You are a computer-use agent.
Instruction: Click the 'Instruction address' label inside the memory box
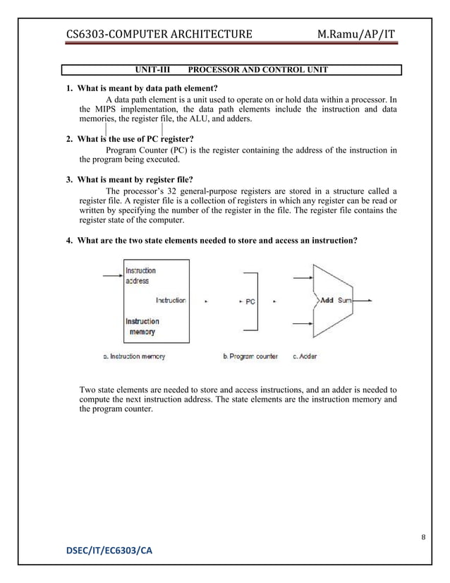coord(140,275)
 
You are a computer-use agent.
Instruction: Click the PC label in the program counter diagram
coord(250,301)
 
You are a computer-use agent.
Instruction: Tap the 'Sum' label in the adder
coord(344,300)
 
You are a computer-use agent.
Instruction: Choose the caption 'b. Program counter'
coord(250,356)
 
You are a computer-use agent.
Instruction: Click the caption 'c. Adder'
coord(305,356)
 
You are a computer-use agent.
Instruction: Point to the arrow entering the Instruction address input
coord(111,275)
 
